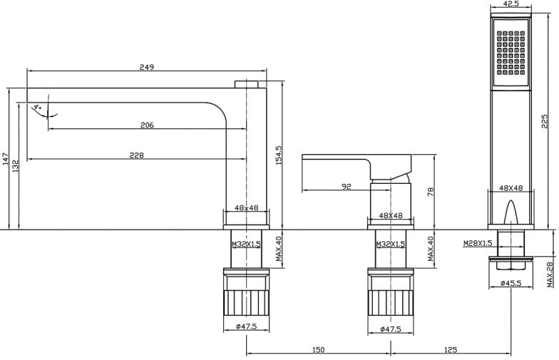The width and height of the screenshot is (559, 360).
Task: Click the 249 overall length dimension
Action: pyautogui.click(x=148, y=67)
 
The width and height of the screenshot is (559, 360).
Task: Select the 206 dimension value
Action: pyautogui.click(x=147, y=125)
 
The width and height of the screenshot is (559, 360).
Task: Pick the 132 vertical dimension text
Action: pyautogui.click(x=15, y=165)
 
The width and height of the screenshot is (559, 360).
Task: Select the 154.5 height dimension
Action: pyautogui.click(x=279, y=153)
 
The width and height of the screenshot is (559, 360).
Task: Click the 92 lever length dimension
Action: pyautogui.click(x=347, y=187)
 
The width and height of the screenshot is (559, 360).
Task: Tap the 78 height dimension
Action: pyautogui.click(x=431, y=191)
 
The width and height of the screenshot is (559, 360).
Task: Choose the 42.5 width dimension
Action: pyautogui.click(x=511, y=4)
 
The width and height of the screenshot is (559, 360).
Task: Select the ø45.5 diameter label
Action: pyautogui.click(x=510, y=284)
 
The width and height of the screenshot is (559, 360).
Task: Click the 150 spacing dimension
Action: pyautogui.click(x=318, y=349)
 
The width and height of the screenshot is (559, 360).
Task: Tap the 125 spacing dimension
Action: pyautogui.click(x=450, y=349)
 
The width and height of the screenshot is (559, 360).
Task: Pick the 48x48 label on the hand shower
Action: pyautogui.click(x=511, y=189)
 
